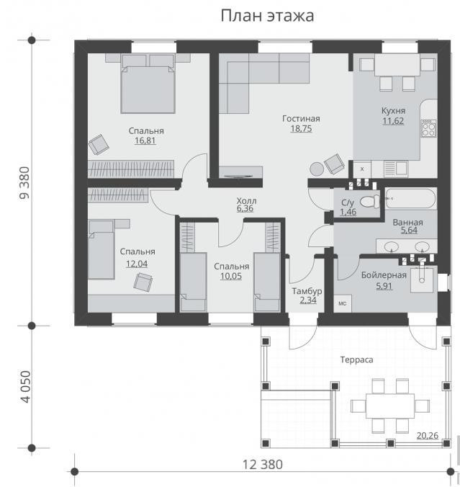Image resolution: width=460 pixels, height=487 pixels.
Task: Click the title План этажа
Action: (267, 16)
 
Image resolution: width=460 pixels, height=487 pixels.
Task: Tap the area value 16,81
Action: (145, 140)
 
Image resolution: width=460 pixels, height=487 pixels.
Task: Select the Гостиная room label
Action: (301, 118)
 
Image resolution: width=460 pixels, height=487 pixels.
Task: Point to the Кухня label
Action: (393, 110)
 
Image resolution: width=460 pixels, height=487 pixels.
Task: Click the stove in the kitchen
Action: (428, 128)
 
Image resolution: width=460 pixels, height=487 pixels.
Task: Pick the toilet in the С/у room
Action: (370, 201)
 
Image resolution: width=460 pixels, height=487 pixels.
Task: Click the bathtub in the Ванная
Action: (410, 198)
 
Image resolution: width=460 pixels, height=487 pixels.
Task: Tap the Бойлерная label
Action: (384, 275)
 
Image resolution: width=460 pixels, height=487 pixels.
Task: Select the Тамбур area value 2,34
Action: (308, 300)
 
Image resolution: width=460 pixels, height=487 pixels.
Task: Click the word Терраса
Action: (356, 359)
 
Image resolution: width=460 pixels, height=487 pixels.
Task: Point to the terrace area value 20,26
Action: (427, 436)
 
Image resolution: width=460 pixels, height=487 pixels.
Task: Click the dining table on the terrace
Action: (390, 406)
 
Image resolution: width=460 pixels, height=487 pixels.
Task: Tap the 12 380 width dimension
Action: (262, 465)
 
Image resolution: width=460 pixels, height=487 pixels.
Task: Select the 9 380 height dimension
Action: (24, 183)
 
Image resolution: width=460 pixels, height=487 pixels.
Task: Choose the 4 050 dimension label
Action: (25, 387)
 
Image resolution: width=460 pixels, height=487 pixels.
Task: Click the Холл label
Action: (246, 200)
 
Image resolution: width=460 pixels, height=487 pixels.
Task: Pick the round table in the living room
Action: (317, 169)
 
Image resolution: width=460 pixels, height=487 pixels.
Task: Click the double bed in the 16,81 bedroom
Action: (148, 84)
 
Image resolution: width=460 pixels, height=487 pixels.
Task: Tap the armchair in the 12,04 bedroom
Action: (143, 282)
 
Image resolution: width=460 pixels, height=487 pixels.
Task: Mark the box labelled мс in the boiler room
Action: (343, 303)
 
